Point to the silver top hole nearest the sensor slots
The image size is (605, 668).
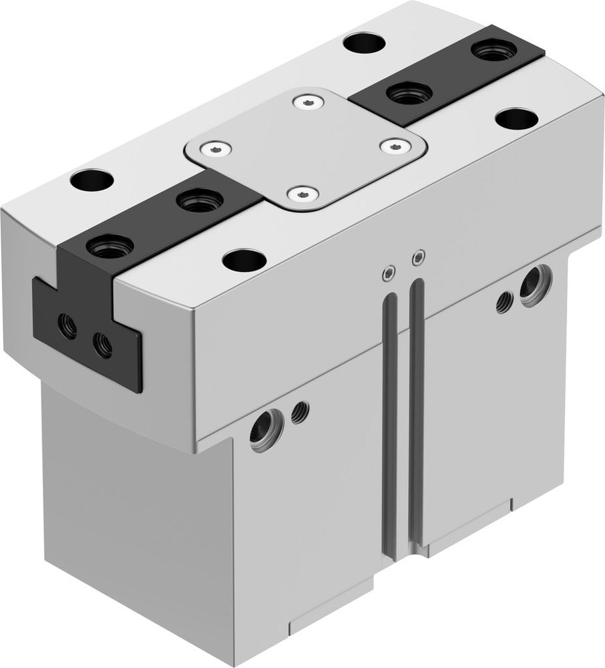tap(242, 259)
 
